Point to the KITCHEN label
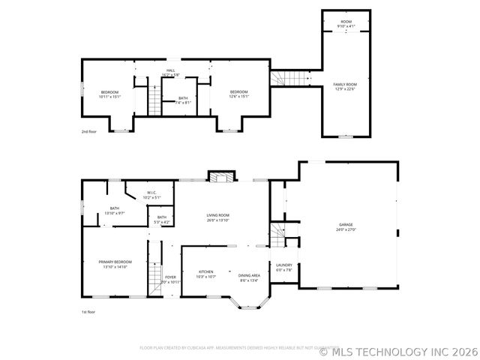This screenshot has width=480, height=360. [206, 274]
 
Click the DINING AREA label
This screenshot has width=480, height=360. [250, 277]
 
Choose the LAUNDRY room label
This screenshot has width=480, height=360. [283, 267]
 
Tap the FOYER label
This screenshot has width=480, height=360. [171, 279]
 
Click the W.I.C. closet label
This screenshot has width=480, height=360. [151, 195]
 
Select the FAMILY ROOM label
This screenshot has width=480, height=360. [345, 87]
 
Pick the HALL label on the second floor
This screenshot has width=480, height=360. [171, 73]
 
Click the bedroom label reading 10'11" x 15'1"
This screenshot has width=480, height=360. [109, 94]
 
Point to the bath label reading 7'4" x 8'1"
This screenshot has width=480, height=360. [184, 100]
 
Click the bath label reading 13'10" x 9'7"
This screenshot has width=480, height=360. [114, 211]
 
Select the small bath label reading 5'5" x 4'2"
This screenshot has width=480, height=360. [161, 220]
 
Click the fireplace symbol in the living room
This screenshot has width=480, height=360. [219, 178]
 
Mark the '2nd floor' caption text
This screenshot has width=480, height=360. [89, 131]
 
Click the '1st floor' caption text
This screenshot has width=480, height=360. [88, 311]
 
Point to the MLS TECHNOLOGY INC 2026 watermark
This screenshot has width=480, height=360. [398, 350]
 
